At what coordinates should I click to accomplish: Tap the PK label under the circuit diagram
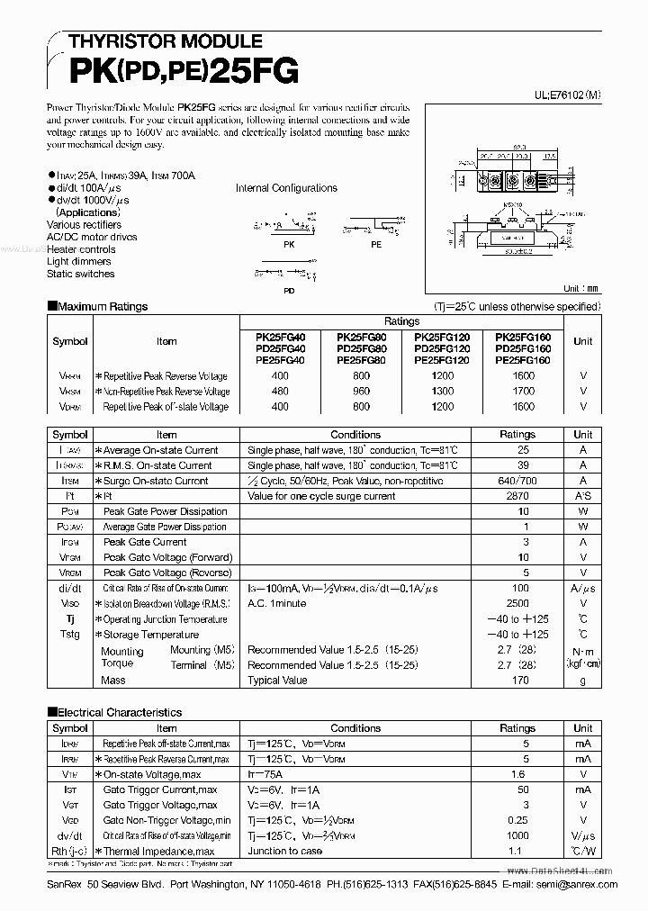(x=288, y=244)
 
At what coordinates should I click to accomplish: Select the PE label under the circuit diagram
(x=375, y=244)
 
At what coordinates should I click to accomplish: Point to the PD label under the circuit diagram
(x=288, y=291)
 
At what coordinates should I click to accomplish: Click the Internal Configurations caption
(x=286, y=188)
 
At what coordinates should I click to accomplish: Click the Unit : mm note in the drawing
(x=580, y=289)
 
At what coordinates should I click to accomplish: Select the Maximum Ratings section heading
(x=102, y=307)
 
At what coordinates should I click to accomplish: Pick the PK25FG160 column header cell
(x=522, y=336)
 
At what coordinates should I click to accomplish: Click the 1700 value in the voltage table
(x=522, y=392)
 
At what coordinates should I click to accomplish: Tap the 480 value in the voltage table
(x=280, y=392)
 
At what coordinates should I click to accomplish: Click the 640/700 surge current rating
(x=517, y=481)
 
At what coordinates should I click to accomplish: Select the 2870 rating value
(x=517, y=496)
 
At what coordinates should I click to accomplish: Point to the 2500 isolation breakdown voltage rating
(x=517, y=604)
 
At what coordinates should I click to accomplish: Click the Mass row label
(x=113, y=681)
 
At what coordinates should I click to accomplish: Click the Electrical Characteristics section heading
(x=119, y=712)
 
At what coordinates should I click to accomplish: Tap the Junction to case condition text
(x=284, y=851)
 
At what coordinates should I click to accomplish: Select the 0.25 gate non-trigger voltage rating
(x=517, y=820)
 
